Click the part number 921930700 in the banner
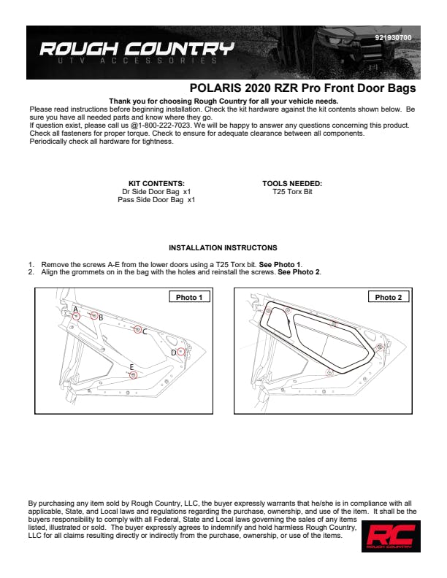click(393, 38)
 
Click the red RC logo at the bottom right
click(391, 536)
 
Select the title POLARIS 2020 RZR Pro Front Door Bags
click(303, 88)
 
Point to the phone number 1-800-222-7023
click(164, 126)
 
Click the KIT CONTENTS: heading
click(156, 184)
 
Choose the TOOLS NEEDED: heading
click(292, 184)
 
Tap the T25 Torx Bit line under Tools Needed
click(292, 192)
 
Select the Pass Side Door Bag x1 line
click(156, 200)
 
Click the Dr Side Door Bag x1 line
click(156, 192)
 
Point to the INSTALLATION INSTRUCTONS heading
click(223, 247)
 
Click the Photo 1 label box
click(189, 297)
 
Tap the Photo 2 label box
click(389, 297)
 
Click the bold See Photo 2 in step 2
click(299, 272)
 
